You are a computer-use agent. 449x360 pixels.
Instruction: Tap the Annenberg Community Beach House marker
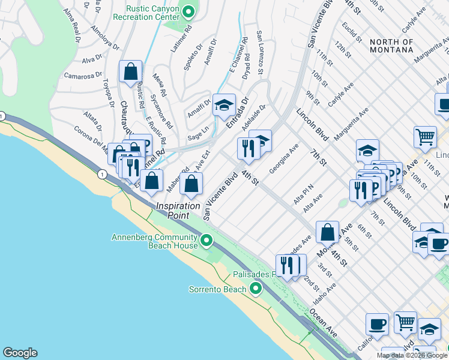pos(206,241)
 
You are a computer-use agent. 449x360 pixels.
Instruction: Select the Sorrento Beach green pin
pos(256,290)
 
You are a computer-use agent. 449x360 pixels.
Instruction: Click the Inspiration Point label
pos(178,210)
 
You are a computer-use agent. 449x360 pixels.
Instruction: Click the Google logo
pos(20,353)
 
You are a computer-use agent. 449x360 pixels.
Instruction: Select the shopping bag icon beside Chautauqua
pos(130,72)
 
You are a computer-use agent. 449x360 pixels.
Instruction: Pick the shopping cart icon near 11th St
pos(425,137)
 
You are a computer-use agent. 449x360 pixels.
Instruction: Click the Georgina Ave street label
pos(284,159)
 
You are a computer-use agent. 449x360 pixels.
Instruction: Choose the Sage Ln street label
pos(198,130)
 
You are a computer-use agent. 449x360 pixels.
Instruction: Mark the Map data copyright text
pos(412,355)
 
